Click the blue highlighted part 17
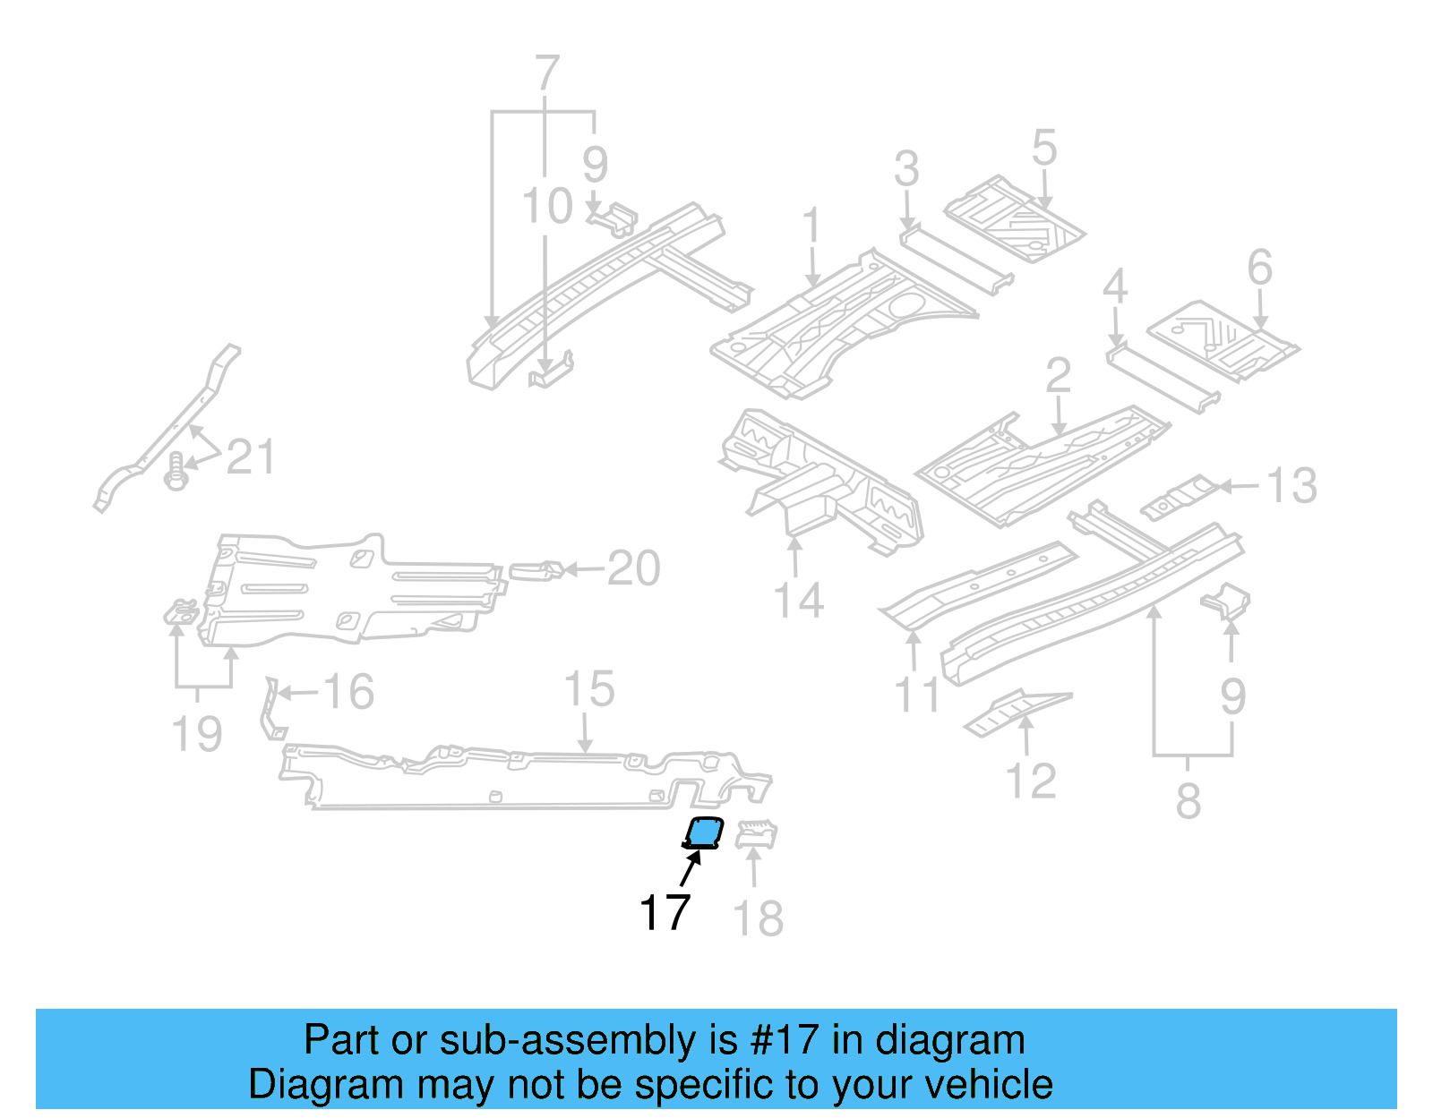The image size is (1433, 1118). click(x=704, y=833)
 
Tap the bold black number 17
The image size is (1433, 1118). click(x=665, y=913)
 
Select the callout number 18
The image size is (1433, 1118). click(x=758, y=919)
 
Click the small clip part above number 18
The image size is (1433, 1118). click(x=757, y=835)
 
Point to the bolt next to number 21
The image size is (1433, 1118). click(x=176, y=471)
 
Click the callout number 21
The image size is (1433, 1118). click(x=250, y=457)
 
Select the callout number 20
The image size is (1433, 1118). click(x=633, y=568)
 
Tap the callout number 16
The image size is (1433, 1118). click(x=348, y=692)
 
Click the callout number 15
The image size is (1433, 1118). click(x=588, y=689)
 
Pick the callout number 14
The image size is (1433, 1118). click(x=798, y=601)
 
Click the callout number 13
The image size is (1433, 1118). click(x=1291, y=486)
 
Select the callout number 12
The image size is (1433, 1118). click(x=1032, y=781)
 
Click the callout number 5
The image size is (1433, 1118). click(x=1044, y=148)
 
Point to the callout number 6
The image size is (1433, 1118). click(x=1259, y=268)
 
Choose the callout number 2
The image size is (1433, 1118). click(x=1058, y=375)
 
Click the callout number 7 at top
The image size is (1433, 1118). click(x=546, y=73)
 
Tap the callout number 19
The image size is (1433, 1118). click(x=196, y=734)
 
